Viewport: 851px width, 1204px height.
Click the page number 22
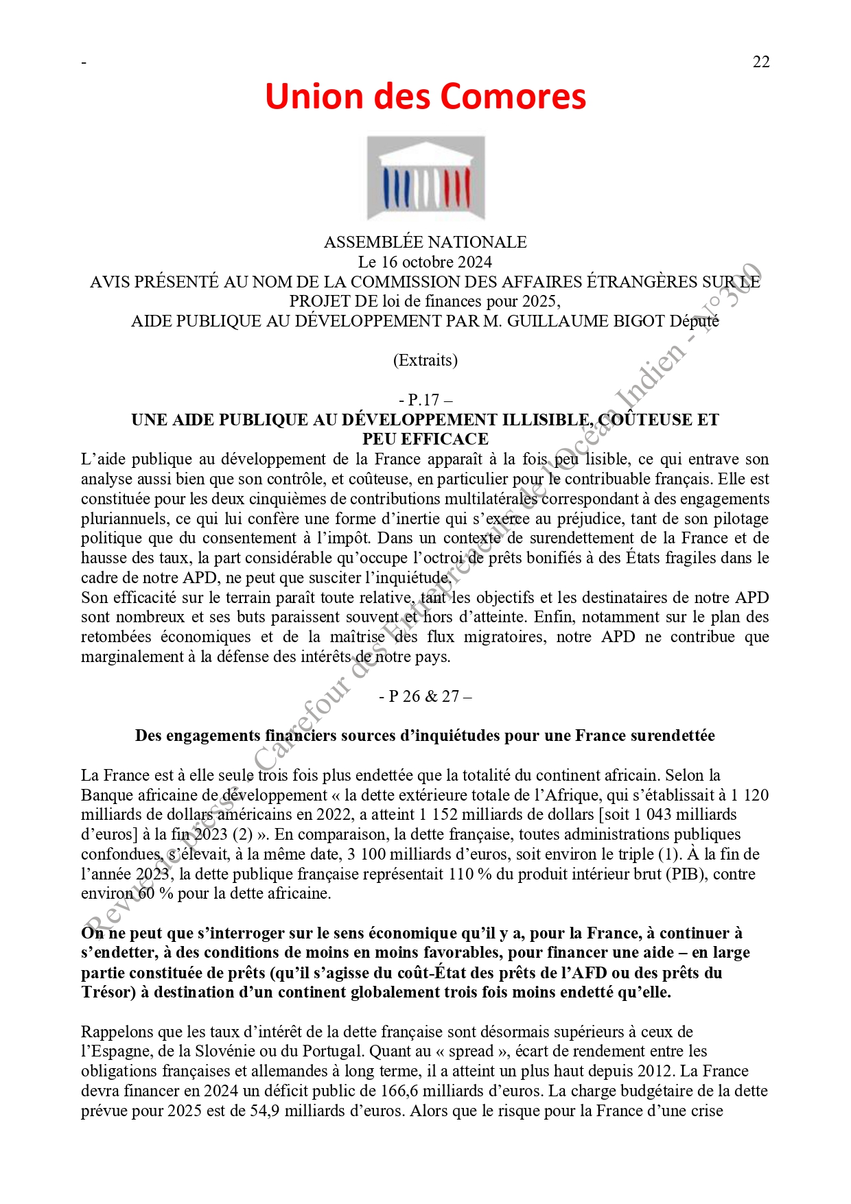[761, 62]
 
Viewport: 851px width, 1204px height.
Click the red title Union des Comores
[425, 96]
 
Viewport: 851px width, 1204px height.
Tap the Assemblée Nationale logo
[425, 178]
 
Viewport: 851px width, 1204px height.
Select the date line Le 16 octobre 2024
[425, 262]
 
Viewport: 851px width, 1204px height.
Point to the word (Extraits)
[425, 361]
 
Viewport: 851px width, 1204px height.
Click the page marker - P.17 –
[425, 400]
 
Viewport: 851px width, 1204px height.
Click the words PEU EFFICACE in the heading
[425, 439]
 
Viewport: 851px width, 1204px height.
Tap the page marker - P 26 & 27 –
[425, 696]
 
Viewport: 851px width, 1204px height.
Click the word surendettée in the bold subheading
[673, 736]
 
